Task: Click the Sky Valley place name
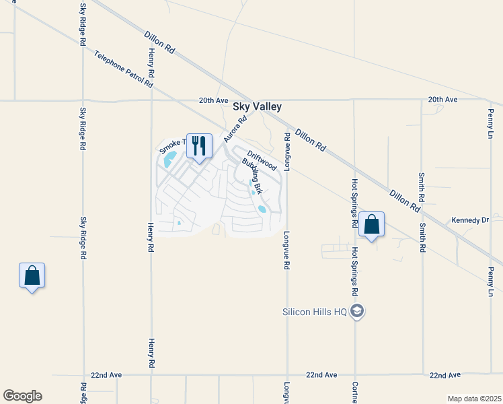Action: [257, 106]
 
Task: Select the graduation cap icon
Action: [358, 311]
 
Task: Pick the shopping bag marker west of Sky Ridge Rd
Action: [32, 275]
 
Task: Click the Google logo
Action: [22, 396]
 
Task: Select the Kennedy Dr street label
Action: [470, 220]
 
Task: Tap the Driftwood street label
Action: [261, 160]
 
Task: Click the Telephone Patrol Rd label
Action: [124, 69]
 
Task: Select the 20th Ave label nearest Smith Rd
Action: [442, 100]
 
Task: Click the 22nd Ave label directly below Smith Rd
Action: [444, 374]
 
